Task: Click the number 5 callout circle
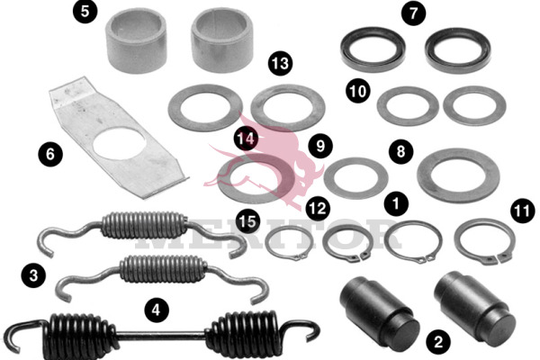[x=85, y=11]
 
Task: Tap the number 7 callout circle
[x=413, y=13]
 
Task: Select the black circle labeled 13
[x=280, y=64]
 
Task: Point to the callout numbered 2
[x=438, y=342]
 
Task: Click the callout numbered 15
[x=248, y=220]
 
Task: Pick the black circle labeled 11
[x=523, y=211]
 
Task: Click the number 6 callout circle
[x=50, y=154]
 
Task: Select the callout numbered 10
[x=358, y=91]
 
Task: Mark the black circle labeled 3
[x=33, y=275]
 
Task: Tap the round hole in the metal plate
[x=119, y=142]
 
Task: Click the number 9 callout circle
[x=320, y=146]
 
